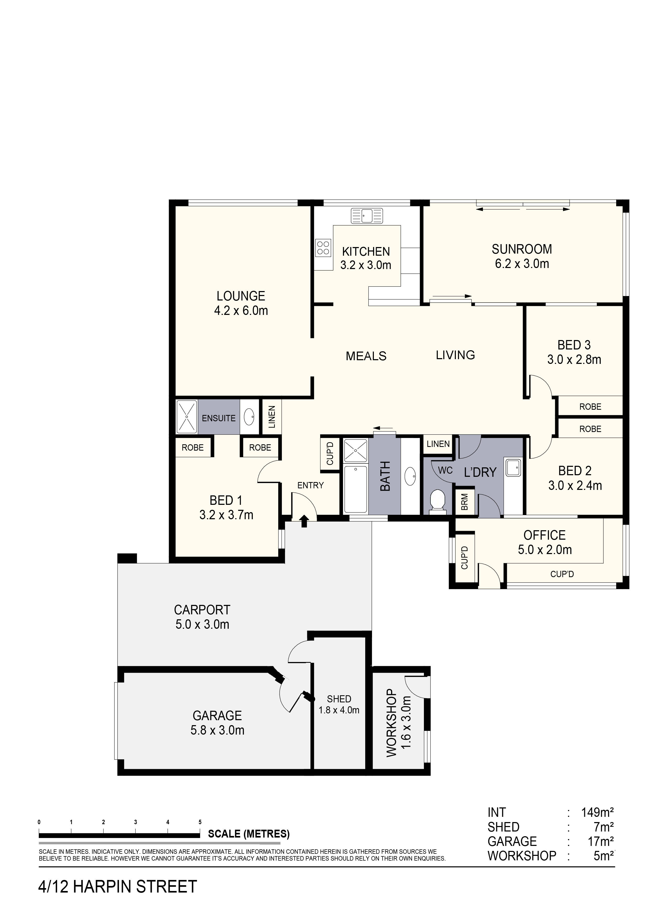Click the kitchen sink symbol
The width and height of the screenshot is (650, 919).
367,216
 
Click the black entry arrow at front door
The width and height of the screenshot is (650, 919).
304,521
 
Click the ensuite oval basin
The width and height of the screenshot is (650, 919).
250,417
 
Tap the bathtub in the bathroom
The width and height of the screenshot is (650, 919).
356,489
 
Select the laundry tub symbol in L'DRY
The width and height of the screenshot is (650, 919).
513,468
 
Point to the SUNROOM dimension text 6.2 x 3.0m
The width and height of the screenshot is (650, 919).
522,264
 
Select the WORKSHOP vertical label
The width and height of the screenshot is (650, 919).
391,723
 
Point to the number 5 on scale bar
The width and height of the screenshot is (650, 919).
200,822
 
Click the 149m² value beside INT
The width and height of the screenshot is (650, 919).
597,813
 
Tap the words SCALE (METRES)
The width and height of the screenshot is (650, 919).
249,834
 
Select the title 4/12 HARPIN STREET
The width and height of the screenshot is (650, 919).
117,887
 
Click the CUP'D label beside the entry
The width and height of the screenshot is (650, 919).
330,453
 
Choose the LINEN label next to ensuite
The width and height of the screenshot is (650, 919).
272,417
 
